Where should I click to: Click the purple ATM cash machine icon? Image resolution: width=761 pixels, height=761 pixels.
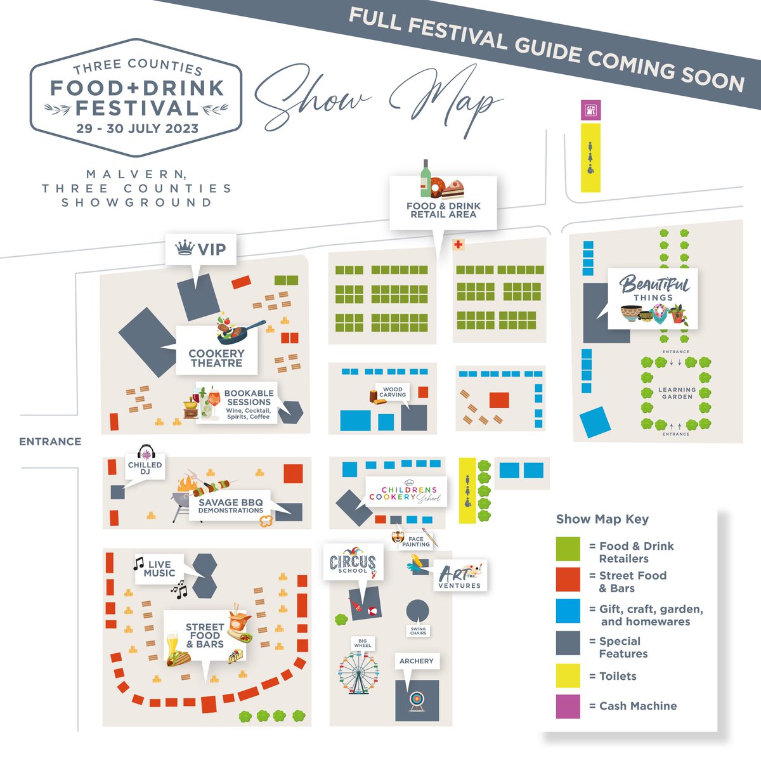[590, 109]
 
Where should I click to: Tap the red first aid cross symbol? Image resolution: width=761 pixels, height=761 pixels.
[457, 245]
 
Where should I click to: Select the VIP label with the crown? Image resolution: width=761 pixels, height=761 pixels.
[200, 249]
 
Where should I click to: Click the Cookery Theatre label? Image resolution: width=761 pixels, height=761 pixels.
[216, 358]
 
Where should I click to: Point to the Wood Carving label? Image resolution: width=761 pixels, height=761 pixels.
[393, 392]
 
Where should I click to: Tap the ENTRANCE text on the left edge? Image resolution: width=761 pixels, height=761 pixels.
[50, 441]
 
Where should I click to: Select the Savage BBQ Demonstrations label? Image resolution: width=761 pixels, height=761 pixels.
[230, 505]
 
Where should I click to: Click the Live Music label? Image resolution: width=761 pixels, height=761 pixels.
[159, 568]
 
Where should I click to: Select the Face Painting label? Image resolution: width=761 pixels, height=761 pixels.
[416, 542]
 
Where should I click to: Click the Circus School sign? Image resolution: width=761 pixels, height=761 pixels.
[353, 563]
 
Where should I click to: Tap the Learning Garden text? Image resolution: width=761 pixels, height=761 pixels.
[677, 393]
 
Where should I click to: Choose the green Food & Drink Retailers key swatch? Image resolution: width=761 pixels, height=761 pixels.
[568, 549]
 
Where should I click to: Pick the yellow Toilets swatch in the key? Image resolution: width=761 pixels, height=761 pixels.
[568, 676]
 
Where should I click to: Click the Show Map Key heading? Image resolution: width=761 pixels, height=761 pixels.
[602, 519]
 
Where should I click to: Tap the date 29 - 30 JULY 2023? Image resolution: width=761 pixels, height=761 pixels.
[137, 127]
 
